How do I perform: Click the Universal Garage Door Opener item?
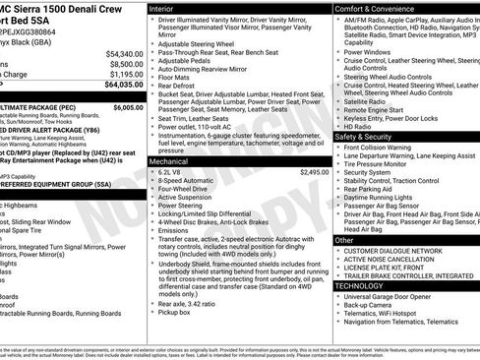396,297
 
